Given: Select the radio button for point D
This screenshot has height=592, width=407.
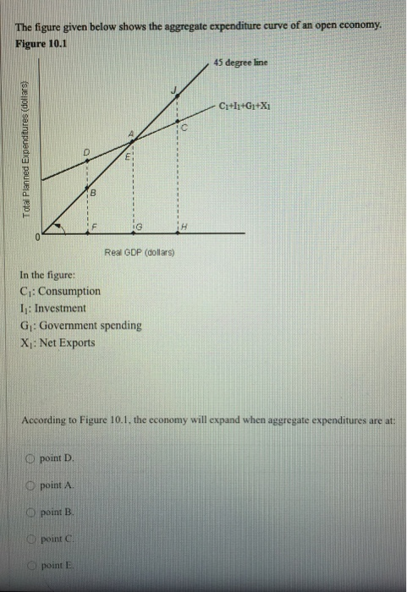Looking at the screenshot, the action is [28, 458].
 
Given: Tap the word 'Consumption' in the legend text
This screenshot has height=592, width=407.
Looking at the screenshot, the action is [71, 290].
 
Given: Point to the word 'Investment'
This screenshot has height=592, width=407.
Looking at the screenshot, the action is [61, 308].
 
